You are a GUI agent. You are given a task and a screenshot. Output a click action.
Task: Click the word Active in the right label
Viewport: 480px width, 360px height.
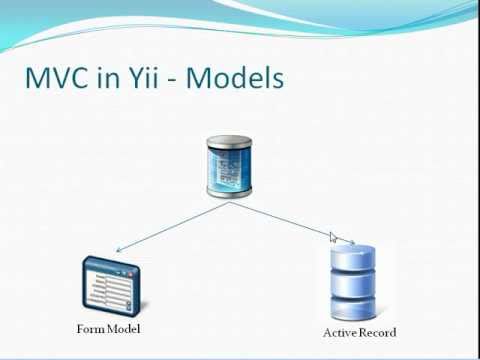[340, 332]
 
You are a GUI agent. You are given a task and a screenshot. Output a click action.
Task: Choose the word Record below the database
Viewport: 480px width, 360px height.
[378, 332]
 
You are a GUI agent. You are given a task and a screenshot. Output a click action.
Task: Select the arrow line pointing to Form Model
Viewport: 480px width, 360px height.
[170, 227]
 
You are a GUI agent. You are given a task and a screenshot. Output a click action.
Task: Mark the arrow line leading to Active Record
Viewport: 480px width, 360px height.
[285, 222]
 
